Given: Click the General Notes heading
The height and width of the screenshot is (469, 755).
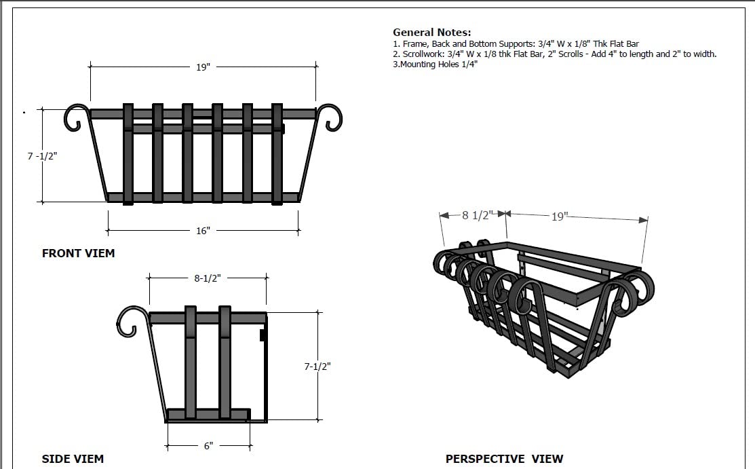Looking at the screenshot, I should point(431,32).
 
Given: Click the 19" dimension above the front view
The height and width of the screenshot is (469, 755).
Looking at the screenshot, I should point(203,67).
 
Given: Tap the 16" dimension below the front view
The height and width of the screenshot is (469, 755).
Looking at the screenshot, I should point(203,231).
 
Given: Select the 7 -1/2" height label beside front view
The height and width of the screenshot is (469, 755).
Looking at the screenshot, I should point(42,155).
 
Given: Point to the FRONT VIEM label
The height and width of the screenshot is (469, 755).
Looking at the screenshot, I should point(78,253).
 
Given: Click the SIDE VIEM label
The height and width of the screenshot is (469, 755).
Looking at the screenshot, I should point(73,459).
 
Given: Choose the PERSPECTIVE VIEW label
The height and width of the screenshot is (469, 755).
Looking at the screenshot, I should point(504,459).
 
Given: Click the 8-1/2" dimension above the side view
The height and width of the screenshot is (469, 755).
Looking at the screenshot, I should point(208,278).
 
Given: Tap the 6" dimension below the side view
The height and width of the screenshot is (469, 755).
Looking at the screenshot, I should point(208,446).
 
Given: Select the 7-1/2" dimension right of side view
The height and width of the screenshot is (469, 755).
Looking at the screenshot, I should point(317,366).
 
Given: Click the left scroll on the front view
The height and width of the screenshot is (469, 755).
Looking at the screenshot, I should point(77,117).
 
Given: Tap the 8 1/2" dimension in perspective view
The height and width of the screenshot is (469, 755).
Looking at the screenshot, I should point(474,215).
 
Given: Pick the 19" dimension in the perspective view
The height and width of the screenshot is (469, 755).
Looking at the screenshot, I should point(558,217).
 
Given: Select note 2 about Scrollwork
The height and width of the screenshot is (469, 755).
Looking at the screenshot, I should point(554,54).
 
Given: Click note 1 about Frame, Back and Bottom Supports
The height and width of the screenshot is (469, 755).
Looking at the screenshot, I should point(516,44).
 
